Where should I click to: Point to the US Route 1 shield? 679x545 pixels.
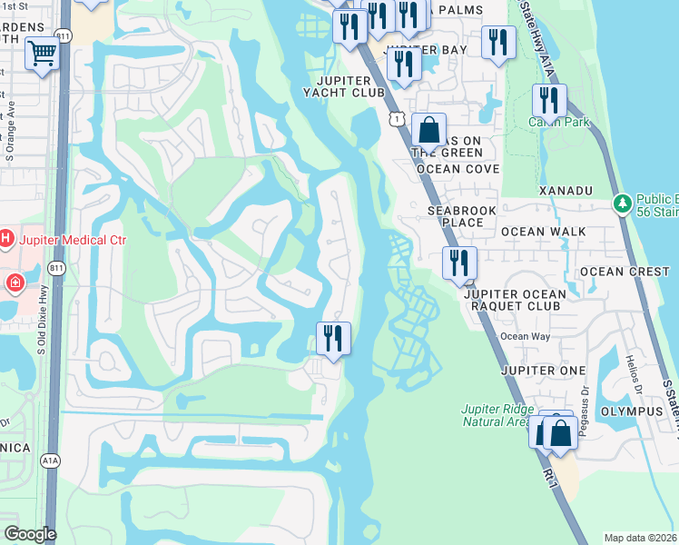click(x=396, y=119)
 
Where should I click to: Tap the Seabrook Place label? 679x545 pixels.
click(x=462, y=216)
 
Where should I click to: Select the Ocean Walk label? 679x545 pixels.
click(x=543, y=232)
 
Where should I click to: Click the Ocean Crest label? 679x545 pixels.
click(x=625, y=272)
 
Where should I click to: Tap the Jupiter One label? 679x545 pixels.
click(x=543, y=371)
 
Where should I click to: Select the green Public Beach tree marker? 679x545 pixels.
click(x=622, y=203)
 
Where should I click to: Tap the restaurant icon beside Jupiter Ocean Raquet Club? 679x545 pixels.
click(x=458, y=263)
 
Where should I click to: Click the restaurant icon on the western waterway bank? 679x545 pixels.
click(x=333, y=339)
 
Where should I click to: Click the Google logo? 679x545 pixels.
click(x=30, y=534)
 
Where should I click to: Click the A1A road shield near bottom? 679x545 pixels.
click(x=50, y=461)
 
